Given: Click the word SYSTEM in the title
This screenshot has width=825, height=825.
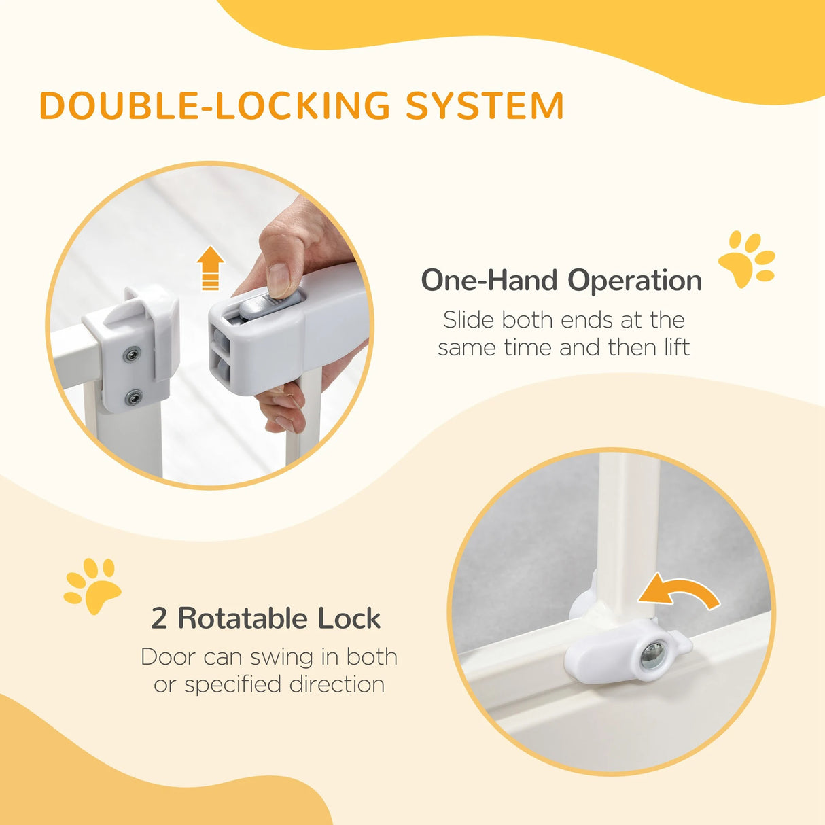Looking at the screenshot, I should coord(485,106).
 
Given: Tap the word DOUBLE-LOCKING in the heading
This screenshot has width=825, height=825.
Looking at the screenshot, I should coord(215,106).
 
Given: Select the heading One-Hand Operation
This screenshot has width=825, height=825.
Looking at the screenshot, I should coord(561,280).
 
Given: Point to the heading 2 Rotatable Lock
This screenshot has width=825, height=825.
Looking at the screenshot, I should coord(266,618).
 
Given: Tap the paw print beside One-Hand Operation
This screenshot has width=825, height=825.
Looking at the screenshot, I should coord(747,259).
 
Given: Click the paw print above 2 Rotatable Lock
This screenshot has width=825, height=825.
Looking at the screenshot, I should coord(92,585).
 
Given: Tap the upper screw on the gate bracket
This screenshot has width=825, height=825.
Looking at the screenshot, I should coord(131,354).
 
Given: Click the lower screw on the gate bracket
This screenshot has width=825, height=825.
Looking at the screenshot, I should coord(135,397).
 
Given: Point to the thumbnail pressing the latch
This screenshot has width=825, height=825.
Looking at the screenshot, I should coord(279,280).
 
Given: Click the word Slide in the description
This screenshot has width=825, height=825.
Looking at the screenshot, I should coord(468,319).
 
